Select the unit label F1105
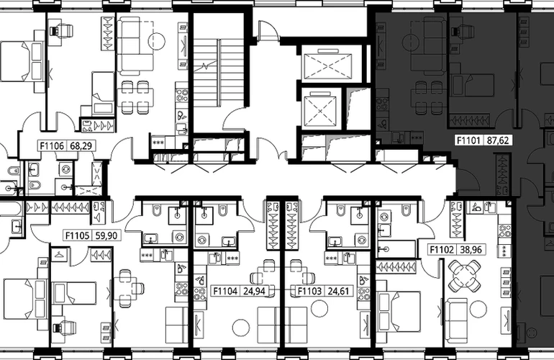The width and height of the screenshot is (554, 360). [x=77, y=235]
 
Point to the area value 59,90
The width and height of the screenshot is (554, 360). [x=106, y=235]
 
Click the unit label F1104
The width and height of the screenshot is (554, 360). [x=225, y=291]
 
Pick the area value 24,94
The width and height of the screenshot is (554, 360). [x=254, y=291]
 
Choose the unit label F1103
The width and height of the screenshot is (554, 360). [x=309, y=291]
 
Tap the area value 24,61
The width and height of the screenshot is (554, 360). [x=338, y=291]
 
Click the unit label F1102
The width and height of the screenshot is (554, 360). [x=442, y=250]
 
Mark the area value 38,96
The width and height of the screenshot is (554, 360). [x=471, y=250]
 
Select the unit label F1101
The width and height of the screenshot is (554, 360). [x=468, y=140]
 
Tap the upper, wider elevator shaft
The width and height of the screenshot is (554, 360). [x=327, y=66]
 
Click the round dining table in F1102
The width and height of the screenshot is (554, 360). [x=464, y=275]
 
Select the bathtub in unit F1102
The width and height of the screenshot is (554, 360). [x=396, y=249]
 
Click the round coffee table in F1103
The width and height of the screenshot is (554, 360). [x=319, y=308]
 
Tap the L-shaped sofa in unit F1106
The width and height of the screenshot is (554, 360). [x=135, y=47]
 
